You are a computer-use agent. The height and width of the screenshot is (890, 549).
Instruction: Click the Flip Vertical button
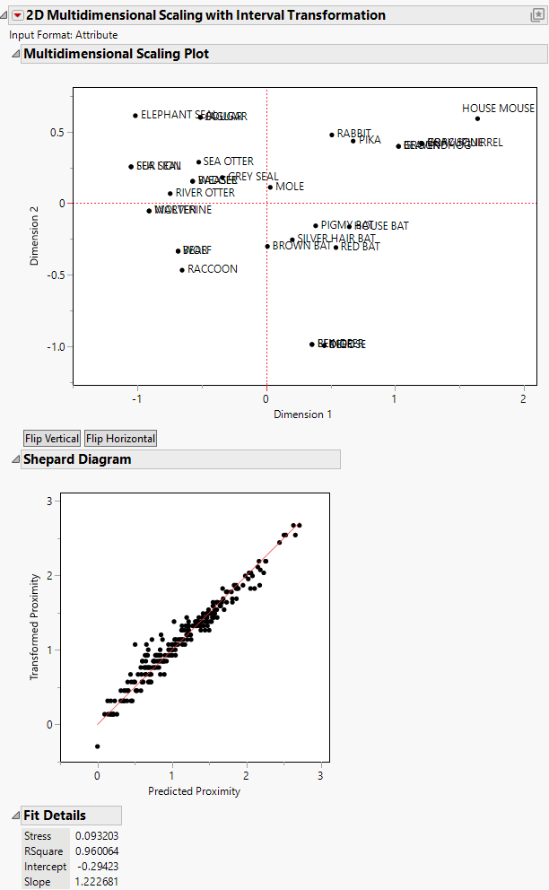click(51, 439)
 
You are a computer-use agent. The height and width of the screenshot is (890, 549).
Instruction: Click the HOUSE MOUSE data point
click(477, 118)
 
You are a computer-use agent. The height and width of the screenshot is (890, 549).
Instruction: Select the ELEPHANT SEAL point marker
click(135, 116)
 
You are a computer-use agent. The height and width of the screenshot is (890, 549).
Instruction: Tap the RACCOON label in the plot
click(213, 269)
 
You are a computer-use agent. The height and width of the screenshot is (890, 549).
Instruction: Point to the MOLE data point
click(270, 187)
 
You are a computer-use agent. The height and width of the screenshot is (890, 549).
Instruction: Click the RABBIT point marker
click(332, 135)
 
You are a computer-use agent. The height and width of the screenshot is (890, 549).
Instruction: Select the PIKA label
click(370, 141)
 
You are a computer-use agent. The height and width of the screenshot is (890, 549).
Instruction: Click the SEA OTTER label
click(228, 161)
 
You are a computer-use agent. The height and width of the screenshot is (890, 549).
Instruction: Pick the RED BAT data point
click(336, 247)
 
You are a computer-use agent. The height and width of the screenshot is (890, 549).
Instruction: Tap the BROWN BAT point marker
click(267, 246)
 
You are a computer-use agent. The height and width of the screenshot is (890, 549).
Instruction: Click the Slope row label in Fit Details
click(39, 882)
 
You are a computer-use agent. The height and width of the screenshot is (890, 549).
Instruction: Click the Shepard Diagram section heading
click(77, 459)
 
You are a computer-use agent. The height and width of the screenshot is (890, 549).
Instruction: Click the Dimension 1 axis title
click(302, 414)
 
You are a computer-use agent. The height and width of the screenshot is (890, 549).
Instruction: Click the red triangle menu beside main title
click(17, 15)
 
